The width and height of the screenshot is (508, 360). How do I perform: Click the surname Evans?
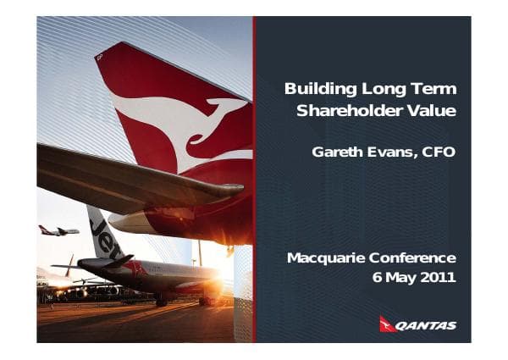[391, 152]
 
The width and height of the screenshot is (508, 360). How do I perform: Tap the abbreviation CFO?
[439, 152]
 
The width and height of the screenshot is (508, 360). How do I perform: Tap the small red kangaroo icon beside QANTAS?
[388, 324]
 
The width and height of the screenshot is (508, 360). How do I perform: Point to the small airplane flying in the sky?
[58, 230]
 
